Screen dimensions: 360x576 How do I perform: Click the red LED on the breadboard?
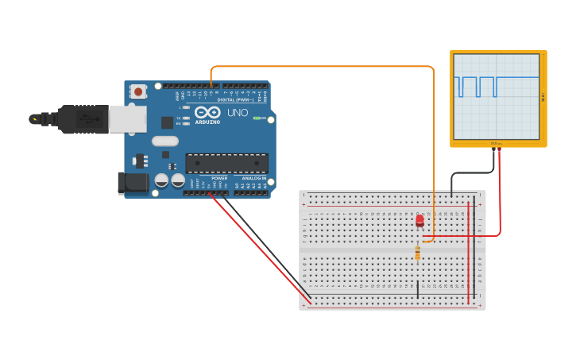(419, 221)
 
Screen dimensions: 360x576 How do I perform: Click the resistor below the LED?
(418, 253)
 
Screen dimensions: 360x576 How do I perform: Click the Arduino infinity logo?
(207, 113)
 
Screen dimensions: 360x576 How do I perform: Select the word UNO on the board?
(238, 113)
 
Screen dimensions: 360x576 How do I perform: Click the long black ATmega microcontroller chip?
(226, 163)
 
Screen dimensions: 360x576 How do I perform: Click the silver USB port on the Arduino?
(127, 119)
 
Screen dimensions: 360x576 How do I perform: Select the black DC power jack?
(132, 184)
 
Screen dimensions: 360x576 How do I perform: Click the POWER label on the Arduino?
(219, 178)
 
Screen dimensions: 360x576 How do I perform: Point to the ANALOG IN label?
(254, 178)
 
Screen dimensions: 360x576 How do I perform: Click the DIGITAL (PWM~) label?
(235, 99)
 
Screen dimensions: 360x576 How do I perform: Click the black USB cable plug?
(83, 119)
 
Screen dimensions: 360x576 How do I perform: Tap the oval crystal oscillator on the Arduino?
(165, 141)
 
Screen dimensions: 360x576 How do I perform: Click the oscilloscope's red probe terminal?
(499, 149)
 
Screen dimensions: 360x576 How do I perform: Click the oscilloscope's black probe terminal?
(493, 149)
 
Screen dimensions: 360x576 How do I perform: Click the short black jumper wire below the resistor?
(418, 289)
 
